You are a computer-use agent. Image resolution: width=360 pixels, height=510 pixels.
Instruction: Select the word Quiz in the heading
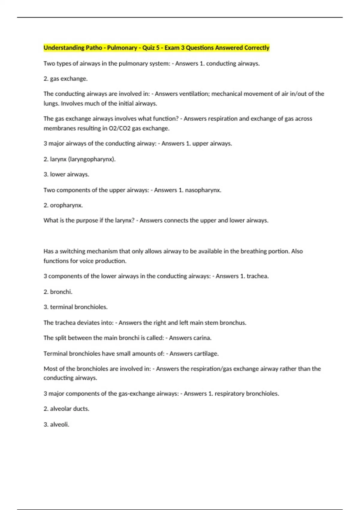coord(148,48)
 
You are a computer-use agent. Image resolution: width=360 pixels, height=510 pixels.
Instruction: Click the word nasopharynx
coord(203,190)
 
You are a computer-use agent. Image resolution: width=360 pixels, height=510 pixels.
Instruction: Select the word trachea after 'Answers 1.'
coord(257,276)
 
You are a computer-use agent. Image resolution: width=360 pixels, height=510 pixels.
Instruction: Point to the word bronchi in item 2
coord(61,292)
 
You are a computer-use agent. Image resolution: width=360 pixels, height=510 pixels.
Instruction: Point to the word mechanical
coord(227,94)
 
